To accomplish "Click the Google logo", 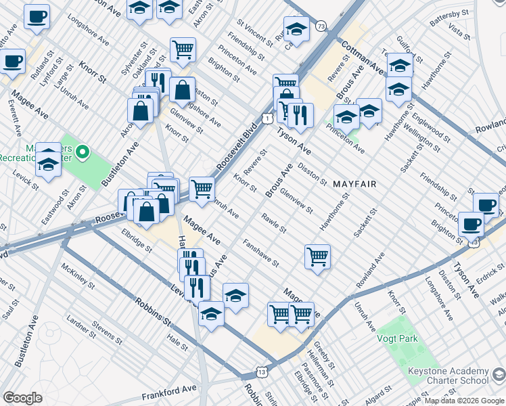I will tap(22, 398).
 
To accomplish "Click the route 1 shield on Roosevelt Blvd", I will tap(269, 118).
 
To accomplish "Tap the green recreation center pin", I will tap(83, 152).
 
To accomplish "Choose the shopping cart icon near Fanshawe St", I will tap(317, 256).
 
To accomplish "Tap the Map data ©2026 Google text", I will tap(463, 401).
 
